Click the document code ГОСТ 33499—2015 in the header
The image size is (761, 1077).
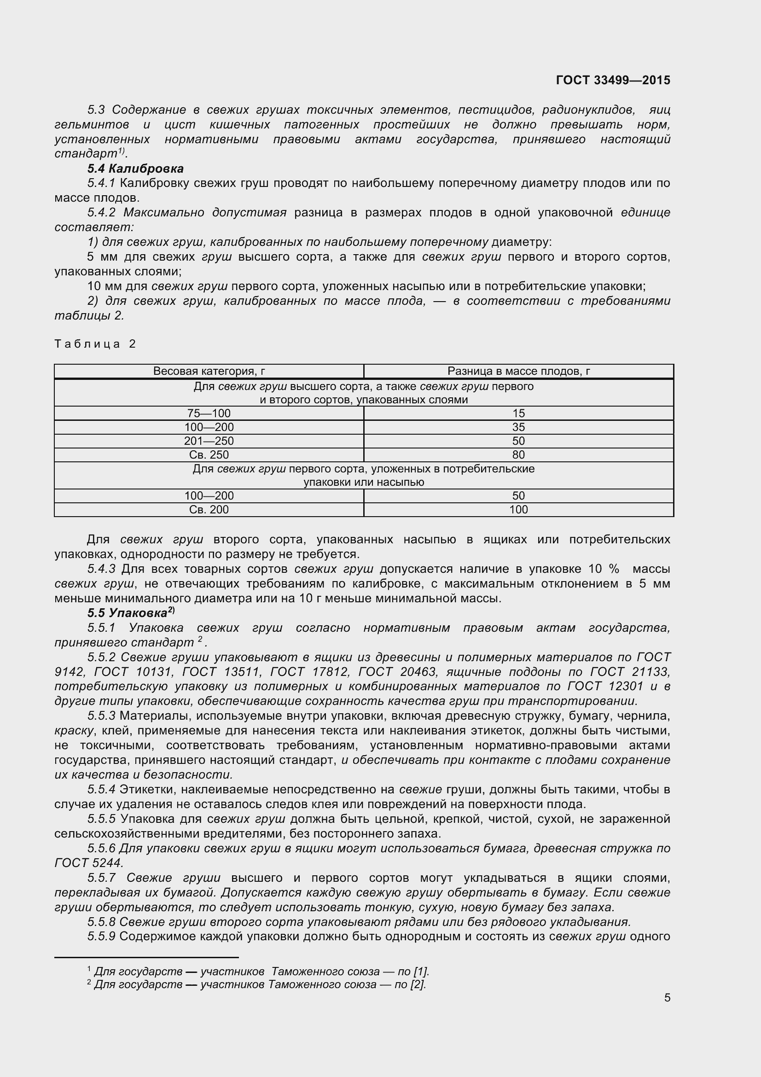point(612,80)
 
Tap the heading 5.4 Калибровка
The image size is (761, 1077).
point(135,169)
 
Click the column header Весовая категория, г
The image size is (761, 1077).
point(209,372)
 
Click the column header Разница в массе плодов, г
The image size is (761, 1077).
point(518,372)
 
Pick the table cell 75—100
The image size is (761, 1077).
point(209,413)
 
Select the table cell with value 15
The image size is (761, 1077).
point(518,413)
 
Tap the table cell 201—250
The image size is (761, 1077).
point(209,441)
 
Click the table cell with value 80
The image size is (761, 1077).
point(518,454)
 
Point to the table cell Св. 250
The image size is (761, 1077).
point(209,454)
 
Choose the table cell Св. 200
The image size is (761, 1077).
point(209,509)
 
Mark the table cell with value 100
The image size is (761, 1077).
point(518,509)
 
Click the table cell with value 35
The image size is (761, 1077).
point(518,427)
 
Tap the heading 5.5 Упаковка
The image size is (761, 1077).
point(130,613)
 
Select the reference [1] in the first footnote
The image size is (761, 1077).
point(422,972)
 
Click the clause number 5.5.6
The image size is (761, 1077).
point(101,848)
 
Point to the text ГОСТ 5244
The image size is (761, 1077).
point(88,862)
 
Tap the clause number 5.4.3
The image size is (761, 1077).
point(101,569)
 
